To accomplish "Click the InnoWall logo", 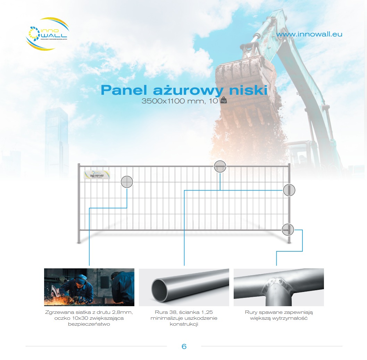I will coord(47,34).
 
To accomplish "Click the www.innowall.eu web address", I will coord(309,34).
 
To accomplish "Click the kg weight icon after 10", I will coord(223,101).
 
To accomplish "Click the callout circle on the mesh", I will coord(127,182).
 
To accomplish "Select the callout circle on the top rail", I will coord(220,167).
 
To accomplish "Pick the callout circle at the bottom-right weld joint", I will coord(288,229).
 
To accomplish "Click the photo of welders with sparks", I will coord(89,287).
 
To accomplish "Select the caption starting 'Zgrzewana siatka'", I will coord(89,318).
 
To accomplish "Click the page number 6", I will coord(184,346).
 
